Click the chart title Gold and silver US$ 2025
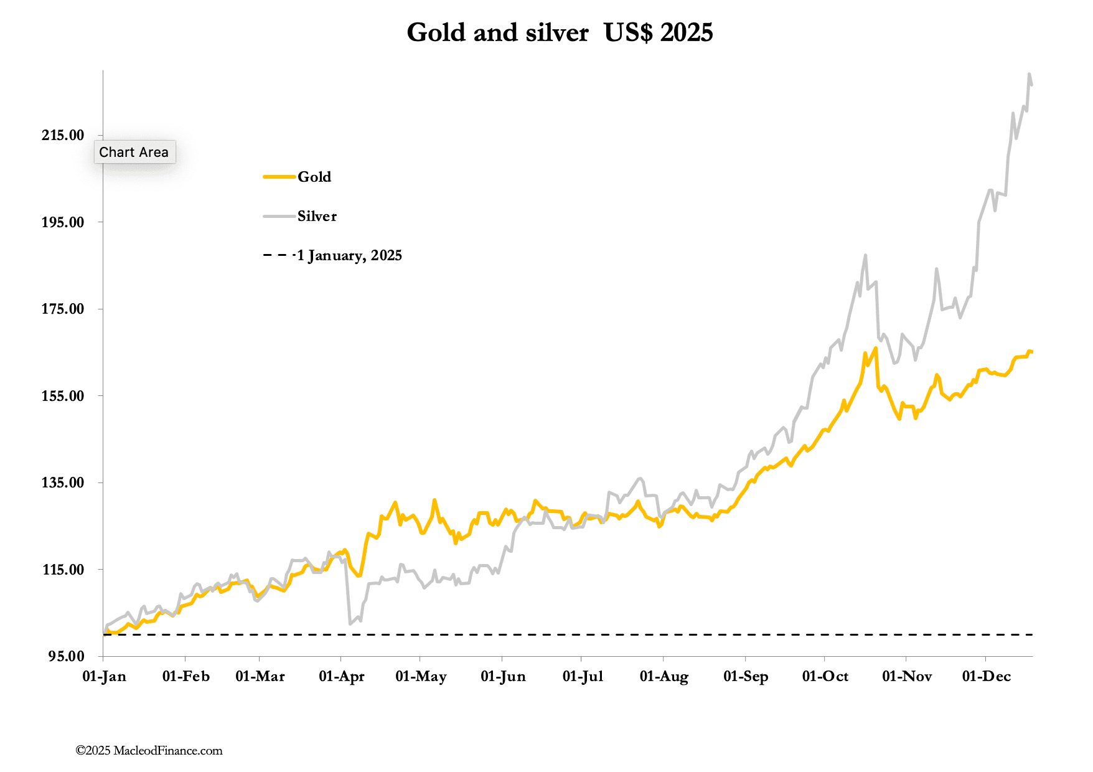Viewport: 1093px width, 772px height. (560, 32)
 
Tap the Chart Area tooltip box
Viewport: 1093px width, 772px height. (134, 152)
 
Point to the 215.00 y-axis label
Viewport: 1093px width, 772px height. (63, 135)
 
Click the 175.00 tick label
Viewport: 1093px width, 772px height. (63, 309)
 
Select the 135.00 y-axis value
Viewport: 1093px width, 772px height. (63, 482)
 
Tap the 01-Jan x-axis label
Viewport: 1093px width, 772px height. (104, 677)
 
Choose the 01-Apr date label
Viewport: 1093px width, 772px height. (341, 677)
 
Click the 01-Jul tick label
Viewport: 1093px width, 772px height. (583, 677)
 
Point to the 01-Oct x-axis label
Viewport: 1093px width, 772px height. (825, 677)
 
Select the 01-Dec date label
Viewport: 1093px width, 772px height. (986, 677)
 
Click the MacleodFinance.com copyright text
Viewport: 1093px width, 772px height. (149, 751)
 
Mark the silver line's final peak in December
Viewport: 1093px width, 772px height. (1029, 73)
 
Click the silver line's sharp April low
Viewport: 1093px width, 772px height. (350, 623)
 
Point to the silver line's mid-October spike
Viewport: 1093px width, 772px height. (865, 255)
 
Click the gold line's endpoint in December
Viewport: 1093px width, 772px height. (1031, 352)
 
